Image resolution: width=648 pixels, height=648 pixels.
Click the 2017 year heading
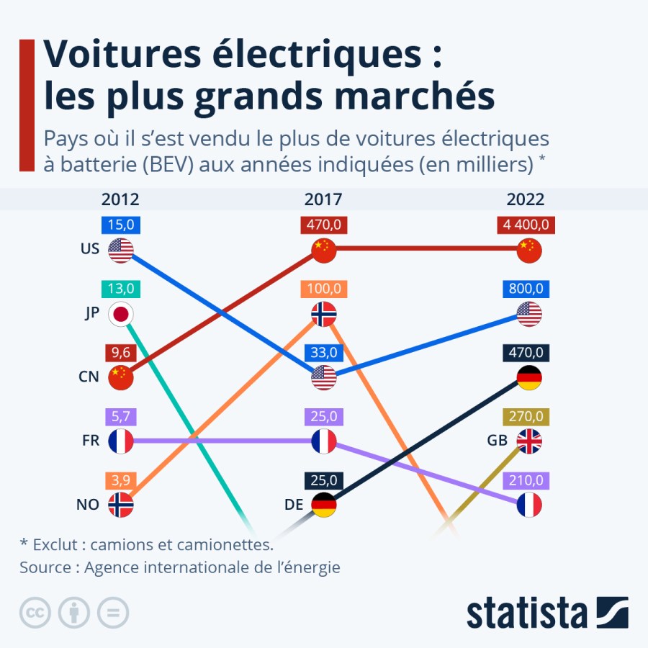323,199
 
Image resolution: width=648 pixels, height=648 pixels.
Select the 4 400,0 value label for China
528,225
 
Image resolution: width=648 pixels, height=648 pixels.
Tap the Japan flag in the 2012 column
121,314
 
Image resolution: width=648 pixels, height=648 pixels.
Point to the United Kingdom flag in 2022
529,441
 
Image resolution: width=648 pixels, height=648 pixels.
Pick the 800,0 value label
528,289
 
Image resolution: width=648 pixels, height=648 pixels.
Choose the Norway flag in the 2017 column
324,314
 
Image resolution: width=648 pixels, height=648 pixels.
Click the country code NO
87,505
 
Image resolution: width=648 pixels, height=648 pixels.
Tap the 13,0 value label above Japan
121,289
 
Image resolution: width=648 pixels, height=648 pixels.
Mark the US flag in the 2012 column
121,250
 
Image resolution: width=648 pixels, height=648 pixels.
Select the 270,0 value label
528,415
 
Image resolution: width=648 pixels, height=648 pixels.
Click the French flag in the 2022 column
529,504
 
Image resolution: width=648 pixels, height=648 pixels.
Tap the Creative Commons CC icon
34,613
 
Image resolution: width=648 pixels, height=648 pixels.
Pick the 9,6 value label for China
121,352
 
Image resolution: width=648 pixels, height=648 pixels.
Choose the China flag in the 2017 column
324,250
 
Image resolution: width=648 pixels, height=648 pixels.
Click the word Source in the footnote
45,567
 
